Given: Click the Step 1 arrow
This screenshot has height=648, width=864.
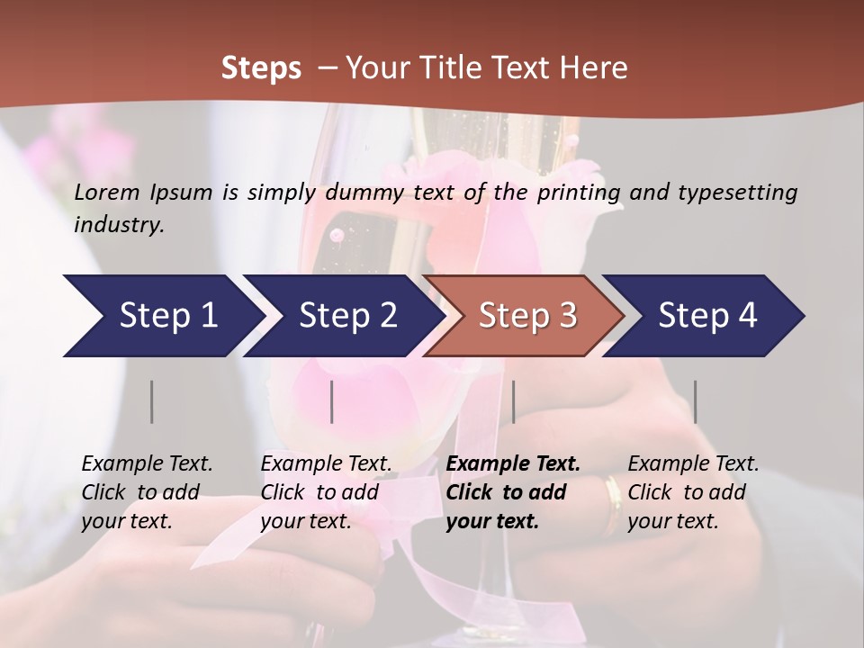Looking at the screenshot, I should point(162,316).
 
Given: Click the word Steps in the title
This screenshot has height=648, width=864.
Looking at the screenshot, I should point(261,67).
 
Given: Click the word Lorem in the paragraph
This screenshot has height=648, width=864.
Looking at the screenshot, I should point(107,192).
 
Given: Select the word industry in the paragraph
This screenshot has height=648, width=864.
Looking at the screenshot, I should point(118,224).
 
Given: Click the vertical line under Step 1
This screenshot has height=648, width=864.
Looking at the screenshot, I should point(152,401).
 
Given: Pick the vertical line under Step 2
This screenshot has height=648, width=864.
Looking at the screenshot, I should point(332,401).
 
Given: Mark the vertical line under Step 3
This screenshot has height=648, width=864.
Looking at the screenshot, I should point(513,401).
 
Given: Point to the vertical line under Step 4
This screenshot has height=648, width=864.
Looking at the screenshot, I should point(695,401).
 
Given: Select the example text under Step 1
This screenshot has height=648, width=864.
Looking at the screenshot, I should point(147,491).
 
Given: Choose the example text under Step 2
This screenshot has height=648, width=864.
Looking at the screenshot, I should point(326,491).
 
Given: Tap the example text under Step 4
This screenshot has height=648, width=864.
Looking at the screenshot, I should point(693,491).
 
